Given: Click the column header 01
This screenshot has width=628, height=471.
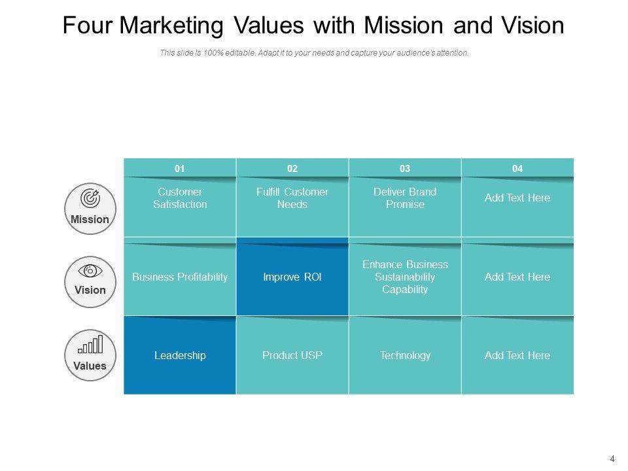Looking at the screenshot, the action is point(179,169).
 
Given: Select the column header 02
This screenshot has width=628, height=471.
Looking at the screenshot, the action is point(292,169).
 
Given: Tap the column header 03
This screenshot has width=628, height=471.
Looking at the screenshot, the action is point(405,169).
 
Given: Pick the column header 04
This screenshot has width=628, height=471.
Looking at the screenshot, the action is point(517,169).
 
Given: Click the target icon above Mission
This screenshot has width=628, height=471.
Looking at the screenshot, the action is point(90,198).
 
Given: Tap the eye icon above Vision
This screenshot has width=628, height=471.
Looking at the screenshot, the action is point(90,271).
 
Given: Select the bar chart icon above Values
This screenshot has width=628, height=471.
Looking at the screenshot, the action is point(90,344).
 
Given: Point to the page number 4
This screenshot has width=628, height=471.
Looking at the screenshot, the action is point(612,459).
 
